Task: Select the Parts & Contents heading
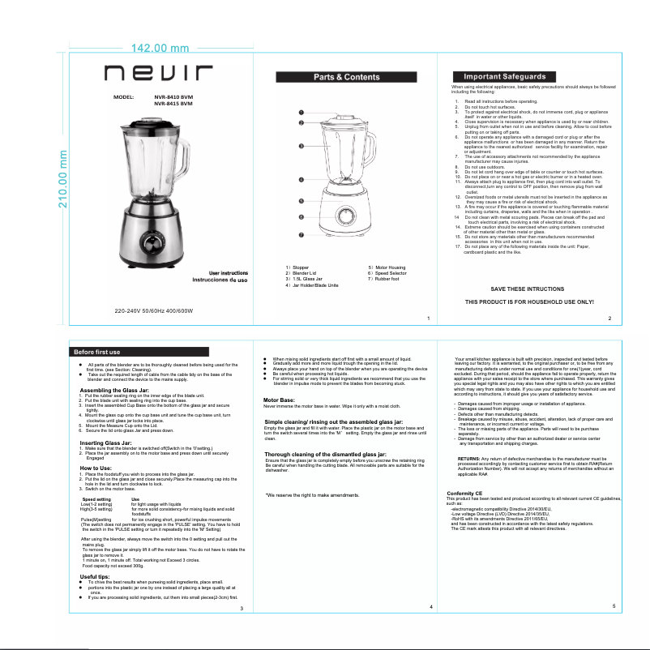pyautogui.click(x=346, y=77)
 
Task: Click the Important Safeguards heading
pyautogui.click(x=493, y=76)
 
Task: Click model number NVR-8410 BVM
pyautogui.click(x=173, y=96)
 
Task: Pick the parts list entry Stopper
pyautogui.click(x=299, y=267)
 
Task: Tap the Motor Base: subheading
pyautogui.click(x=280, y=400)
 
